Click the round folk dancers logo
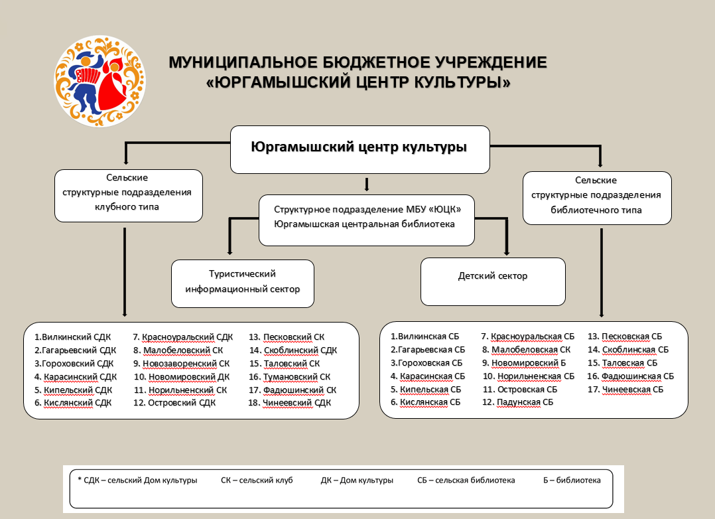(x=100, y=82)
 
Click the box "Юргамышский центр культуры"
(x=359, y=150)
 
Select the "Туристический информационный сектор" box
(x=243, y=283)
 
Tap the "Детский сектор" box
(x=493, y=281)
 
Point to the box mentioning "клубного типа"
(x=129, y=196)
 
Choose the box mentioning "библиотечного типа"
(x=597, y=198)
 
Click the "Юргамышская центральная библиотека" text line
(x=364, y=224)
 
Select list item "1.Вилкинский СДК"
(x=72, y=337)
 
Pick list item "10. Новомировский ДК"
(x=182, y=377)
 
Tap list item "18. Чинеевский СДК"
(x=290, y=403)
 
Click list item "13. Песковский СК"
(x=287, y=337)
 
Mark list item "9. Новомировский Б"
(x=524, y=363)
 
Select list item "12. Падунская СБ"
(x=517, y=403)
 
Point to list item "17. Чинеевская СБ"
(x=625, y=390)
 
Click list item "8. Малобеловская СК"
(x=526, y=350)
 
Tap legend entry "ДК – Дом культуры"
(x=357, y=481)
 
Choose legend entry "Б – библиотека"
(x=572, y=481)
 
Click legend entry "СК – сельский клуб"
(x=257, y=481)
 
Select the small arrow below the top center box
(x=367, y=184)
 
